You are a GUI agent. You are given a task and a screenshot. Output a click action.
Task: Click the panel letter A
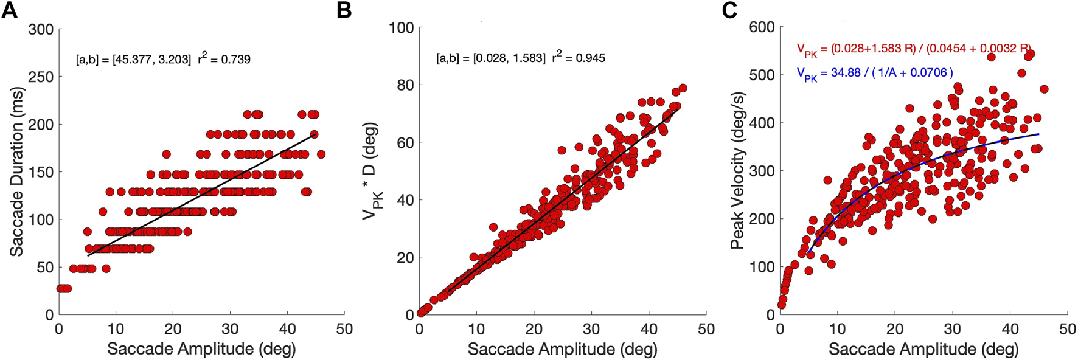coord(10,10)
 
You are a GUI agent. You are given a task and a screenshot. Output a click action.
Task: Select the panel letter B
coord(344,10)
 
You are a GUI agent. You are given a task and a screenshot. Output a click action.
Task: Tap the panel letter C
coord(729,10)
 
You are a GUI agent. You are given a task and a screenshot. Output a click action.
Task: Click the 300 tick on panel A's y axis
coord(41,30)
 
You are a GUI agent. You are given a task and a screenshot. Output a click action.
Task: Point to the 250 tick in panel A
coord(41,77)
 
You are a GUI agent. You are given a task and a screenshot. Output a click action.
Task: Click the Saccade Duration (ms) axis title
coord(16,171)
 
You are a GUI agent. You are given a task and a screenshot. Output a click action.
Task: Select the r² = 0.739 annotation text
coord(224,59)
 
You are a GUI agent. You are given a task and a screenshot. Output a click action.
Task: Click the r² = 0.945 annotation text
coord(579,58)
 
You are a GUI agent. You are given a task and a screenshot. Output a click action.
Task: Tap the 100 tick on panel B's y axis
coord(402,28)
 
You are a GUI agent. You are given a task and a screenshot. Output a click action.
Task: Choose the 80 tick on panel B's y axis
coord(405,85)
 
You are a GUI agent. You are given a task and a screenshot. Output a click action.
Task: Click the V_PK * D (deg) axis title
coord(370,171)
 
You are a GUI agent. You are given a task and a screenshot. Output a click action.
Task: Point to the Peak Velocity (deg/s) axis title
coord(737,171)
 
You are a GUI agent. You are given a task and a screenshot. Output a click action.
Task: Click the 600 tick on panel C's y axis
coord(762,27)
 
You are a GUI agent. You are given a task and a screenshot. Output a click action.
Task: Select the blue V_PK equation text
coord(875,73)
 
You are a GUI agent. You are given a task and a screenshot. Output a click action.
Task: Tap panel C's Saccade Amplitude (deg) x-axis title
coord(923,349)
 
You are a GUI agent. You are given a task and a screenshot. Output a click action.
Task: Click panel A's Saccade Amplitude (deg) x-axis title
coord(201,349)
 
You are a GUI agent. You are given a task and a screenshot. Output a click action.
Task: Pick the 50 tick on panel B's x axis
coord(706,330)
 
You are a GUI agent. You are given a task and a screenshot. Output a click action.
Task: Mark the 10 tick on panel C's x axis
coord(837,330)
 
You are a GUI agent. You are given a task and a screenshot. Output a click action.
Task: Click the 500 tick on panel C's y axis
coord(762,75)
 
